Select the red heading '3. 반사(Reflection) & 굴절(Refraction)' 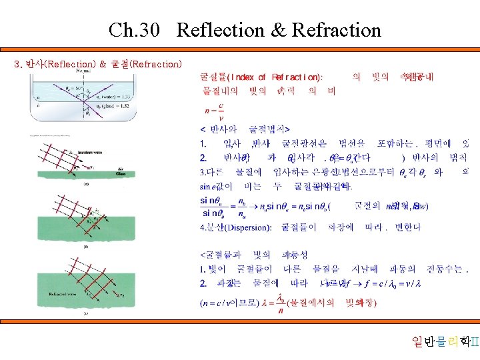[x=97, y=64]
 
